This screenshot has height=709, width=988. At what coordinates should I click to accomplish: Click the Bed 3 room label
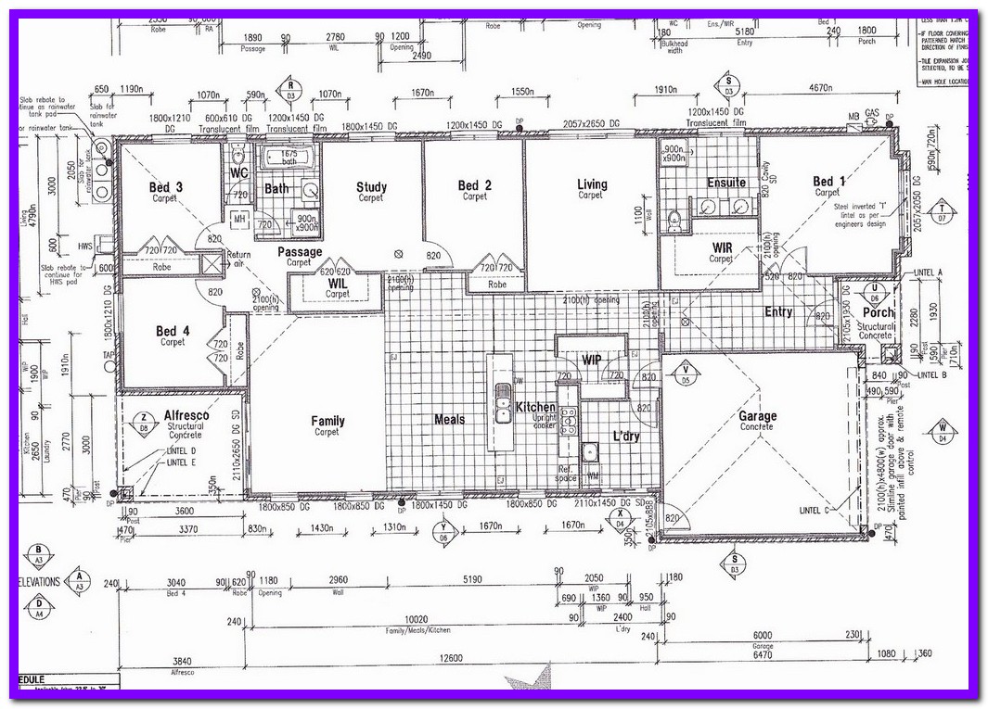pos(165,187)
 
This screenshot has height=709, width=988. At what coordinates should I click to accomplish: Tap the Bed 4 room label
pos(173,331)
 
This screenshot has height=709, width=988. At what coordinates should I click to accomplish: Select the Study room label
pos(371,187)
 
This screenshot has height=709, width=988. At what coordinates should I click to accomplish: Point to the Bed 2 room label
pos(474,186)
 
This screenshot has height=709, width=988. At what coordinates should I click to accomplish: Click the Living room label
pos(591,184)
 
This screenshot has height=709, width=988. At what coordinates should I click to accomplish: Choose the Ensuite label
pos(726,183)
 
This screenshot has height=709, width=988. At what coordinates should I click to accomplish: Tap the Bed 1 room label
pos(828,182)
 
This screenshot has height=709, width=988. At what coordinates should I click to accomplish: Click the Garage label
pos(757,417)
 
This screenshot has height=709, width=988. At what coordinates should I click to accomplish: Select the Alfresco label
pos(186,415)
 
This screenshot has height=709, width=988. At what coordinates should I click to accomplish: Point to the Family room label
pos(327,421)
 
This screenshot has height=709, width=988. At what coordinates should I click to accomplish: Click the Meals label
pos(449,420)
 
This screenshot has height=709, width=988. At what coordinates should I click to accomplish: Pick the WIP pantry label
pos(591,359)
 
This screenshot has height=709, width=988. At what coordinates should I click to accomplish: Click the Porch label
pos(877,313)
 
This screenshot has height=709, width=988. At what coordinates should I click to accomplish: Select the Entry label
pos(777,312)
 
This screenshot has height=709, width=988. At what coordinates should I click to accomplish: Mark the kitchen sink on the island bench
pos(502,405)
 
